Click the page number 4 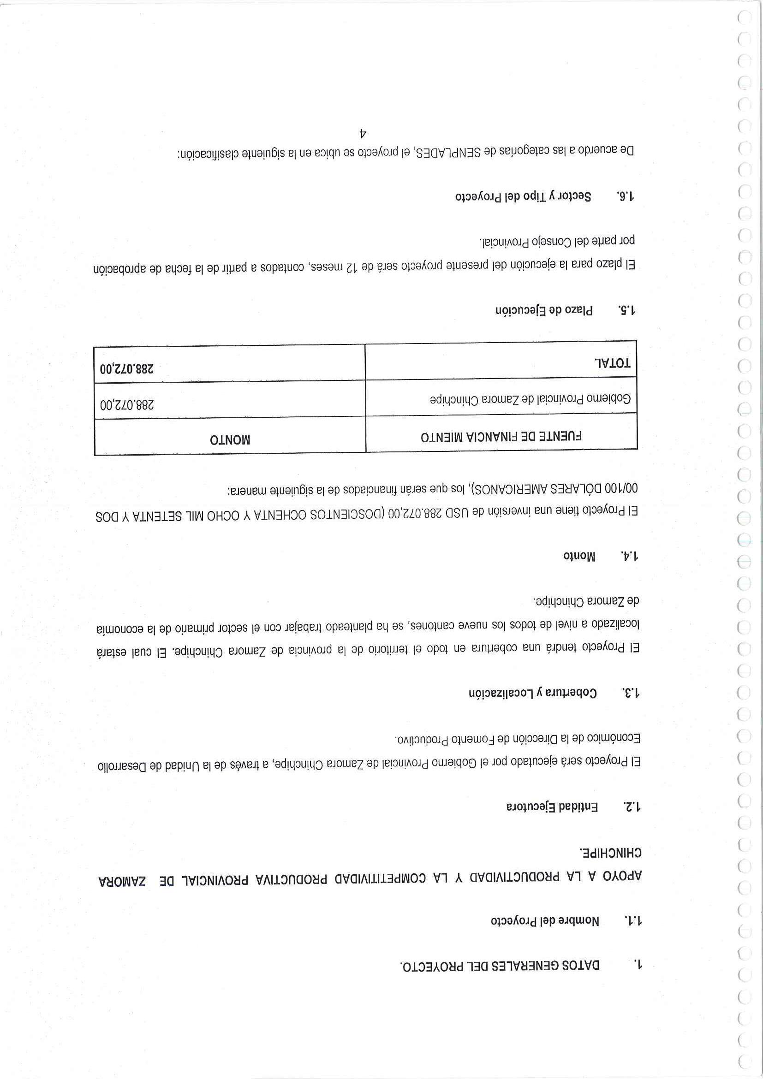pos(363,133)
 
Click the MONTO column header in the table pos(230,440)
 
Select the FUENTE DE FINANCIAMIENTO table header pos(501,437)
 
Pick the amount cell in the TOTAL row pos(127,368)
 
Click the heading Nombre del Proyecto pos(545,921)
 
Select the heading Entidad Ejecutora pos(552,807)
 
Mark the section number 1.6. pos(625,196)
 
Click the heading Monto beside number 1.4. pos(579,556)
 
